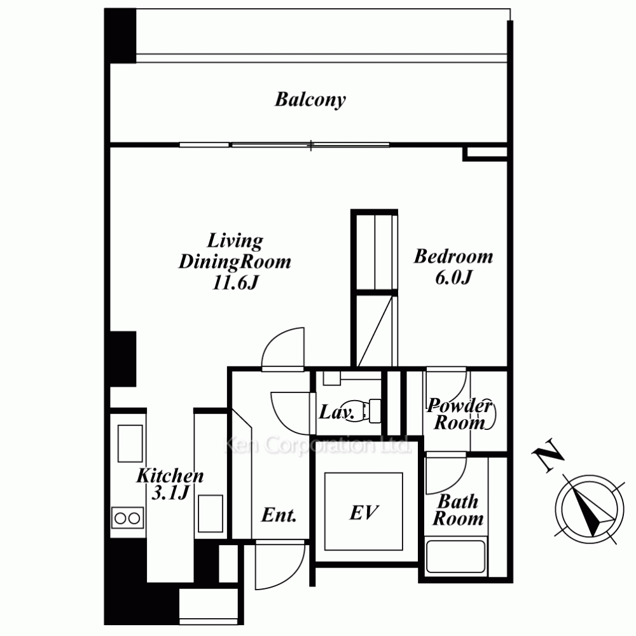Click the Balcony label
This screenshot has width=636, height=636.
click(x=310, y=99)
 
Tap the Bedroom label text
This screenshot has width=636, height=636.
click(x=453, y=257)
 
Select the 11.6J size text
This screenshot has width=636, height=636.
click(x=235, y=282)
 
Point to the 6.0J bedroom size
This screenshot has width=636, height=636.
click(x=454, y=277)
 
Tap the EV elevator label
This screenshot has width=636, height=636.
click(x=364, y=513)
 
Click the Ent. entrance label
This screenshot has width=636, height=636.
click(x=279, y=515)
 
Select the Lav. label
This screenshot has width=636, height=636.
click(x=336, y=412)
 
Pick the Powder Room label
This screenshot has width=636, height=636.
click(x=460, y=414)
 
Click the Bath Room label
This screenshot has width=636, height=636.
click(x=458, y=510)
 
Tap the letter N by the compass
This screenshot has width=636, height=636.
click(x=548, y=455)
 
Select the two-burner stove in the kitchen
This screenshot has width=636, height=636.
click(x=127, y=518)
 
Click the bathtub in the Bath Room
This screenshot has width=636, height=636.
click(x=456, y=556)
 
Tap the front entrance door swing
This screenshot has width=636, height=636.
click(x=280, y=565)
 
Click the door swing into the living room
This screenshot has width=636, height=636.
click(x=283, y=349)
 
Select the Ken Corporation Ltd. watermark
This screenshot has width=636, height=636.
click(x=317, y=445)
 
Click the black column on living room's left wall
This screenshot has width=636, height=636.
click(x=123, y=359)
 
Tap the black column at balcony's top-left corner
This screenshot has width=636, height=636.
click(x=120, y=36)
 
